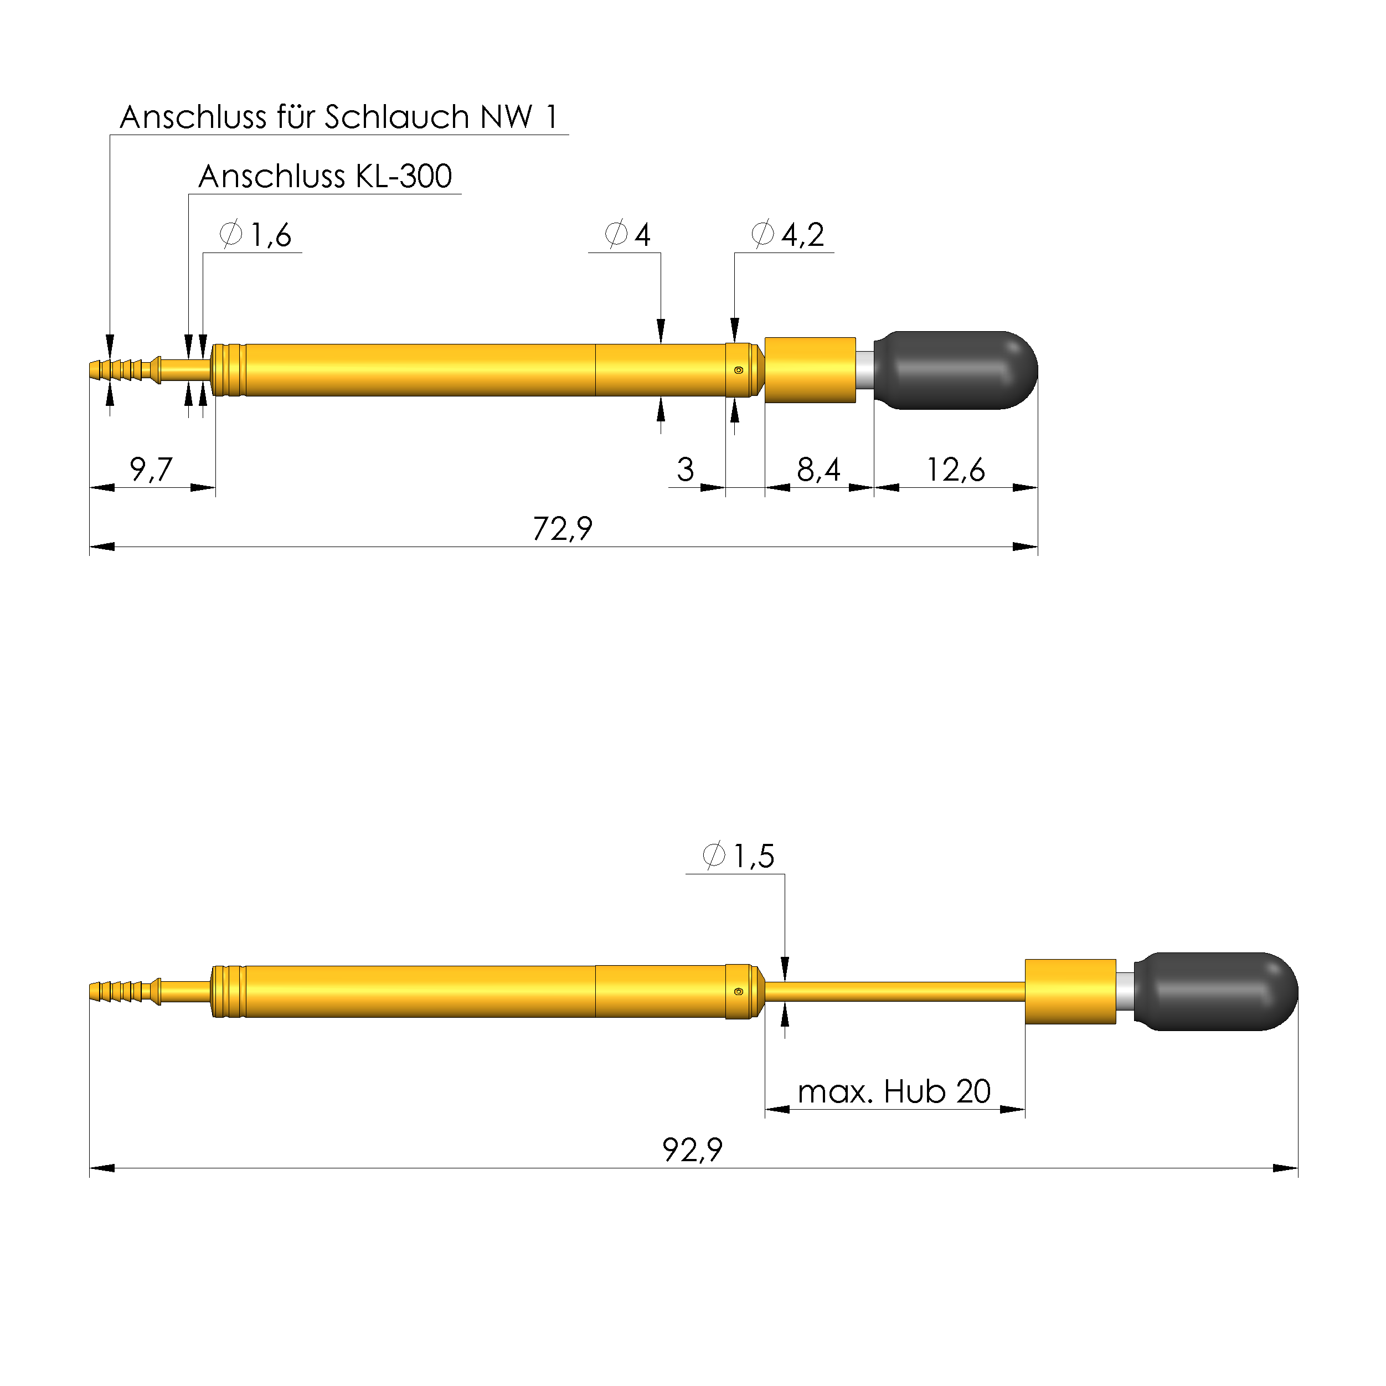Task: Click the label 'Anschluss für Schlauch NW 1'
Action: click(x=338, y=117)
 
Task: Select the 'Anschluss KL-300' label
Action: click(x=325, y=177)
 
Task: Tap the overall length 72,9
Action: click(x=563, y=529)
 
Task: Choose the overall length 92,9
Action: click(x=692, y=1150)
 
